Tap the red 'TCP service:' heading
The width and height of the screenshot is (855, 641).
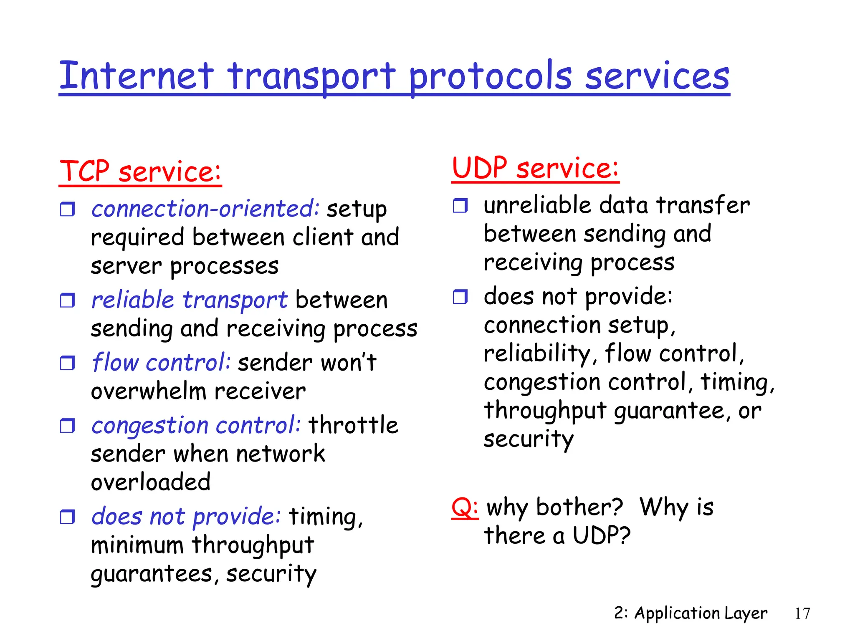point(140,172)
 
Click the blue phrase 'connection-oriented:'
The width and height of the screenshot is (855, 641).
point(205,209)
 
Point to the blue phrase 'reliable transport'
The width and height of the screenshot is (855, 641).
point(190,300)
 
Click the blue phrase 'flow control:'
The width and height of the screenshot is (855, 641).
point(161,362)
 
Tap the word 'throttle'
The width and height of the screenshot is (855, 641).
point(353,425)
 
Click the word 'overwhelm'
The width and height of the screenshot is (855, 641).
point(149,391)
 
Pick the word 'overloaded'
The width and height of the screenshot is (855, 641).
point(151,482)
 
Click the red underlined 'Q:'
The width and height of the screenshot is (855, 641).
point(465,507)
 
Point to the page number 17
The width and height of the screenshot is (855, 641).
point(802,613)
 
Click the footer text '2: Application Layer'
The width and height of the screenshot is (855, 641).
point(691,613)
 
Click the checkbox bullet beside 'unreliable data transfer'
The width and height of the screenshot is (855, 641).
point(460,206)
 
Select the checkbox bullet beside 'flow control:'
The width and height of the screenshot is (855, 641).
point(67,363)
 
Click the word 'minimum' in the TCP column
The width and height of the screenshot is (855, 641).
point(137,545)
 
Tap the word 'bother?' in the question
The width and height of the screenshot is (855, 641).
point(579,507)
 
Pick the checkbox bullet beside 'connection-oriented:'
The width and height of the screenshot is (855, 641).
point(67,209)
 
